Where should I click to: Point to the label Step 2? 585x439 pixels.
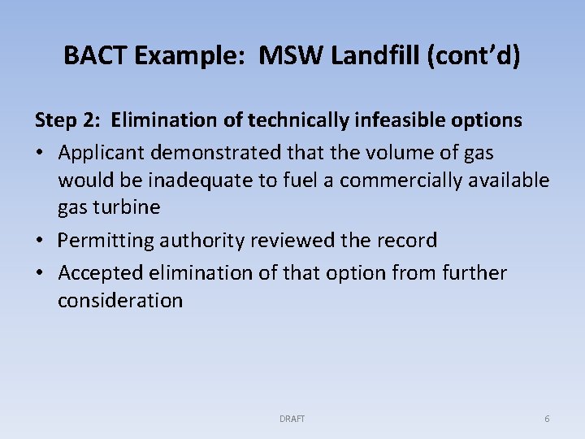67,120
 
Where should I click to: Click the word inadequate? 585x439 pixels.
206,180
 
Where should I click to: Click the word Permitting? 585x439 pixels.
106,241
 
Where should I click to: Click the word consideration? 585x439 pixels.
120,300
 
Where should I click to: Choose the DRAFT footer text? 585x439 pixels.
292,419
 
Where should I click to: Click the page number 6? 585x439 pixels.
547,419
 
